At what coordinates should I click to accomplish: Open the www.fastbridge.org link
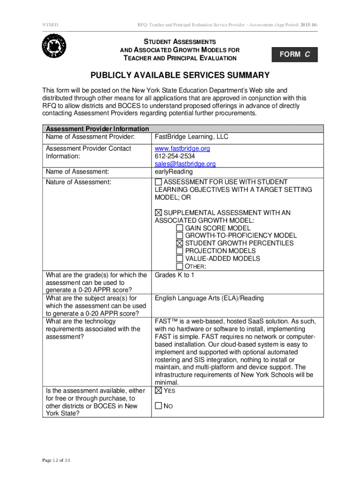[x=182, y=148]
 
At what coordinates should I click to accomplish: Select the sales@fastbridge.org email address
[x=185, y=164]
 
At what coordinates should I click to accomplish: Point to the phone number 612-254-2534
[x=175, y=156]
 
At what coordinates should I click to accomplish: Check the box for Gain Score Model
[x=180, y=228]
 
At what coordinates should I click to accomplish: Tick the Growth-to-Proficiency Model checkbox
[x=180, y=236]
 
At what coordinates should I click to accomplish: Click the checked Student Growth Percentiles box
[x=180, y=243]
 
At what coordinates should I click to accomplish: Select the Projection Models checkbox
[x=180, y=251]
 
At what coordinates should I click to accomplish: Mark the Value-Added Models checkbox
[x=180, y=258]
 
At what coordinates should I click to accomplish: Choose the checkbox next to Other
[x=180, y=266]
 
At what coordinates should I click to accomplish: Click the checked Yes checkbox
[x=158, y=391]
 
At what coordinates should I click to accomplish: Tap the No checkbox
[x=158, y=406]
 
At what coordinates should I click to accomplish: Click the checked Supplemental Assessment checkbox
[x=158, y=213]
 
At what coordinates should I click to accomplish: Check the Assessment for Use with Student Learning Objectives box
[x=158, y=182]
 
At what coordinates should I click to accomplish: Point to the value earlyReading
[x=173, y=172]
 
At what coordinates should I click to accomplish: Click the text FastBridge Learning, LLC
[x=192, y=137]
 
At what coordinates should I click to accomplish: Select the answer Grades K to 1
[x=174, y=275]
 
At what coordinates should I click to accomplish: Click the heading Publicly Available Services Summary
[x=180, y=75]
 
